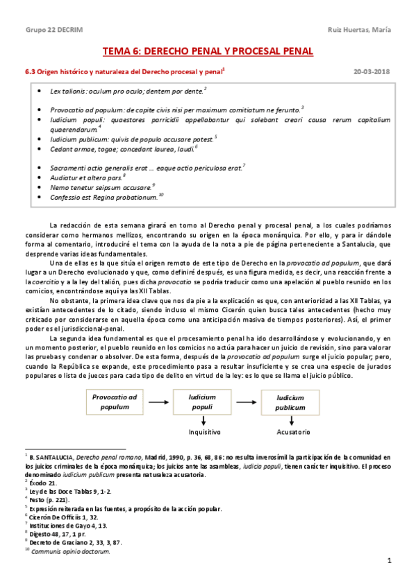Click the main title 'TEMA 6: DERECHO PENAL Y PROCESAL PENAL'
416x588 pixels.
tap(208, 51)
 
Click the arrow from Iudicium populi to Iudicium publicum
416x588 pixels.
tap(247, 401)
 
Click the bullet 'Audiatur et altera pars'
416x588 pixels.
tap(87, 177)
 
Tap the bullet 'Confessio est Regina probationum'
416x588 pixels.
tap(106, 198)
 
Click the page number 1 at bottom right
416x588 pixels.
tap(390, 560)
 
